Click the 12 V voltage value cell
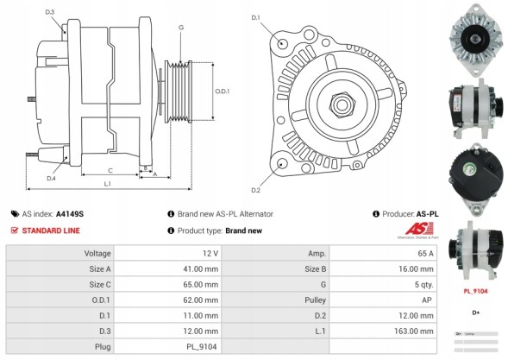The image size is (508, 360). (210, 253)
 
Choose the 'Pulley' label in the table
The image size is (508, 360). (316, 300)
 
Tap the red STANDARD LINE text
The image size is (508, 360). (51, 231)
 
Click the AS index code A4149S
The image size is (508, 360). (70, 213)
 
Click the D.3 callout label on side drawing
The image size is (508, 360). (50, 11)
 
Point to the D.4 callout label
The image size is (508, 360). (51, 178)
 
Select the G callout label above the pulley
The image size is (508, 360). (180, 28)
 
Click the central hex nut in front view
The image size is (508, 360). (341, 105)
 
